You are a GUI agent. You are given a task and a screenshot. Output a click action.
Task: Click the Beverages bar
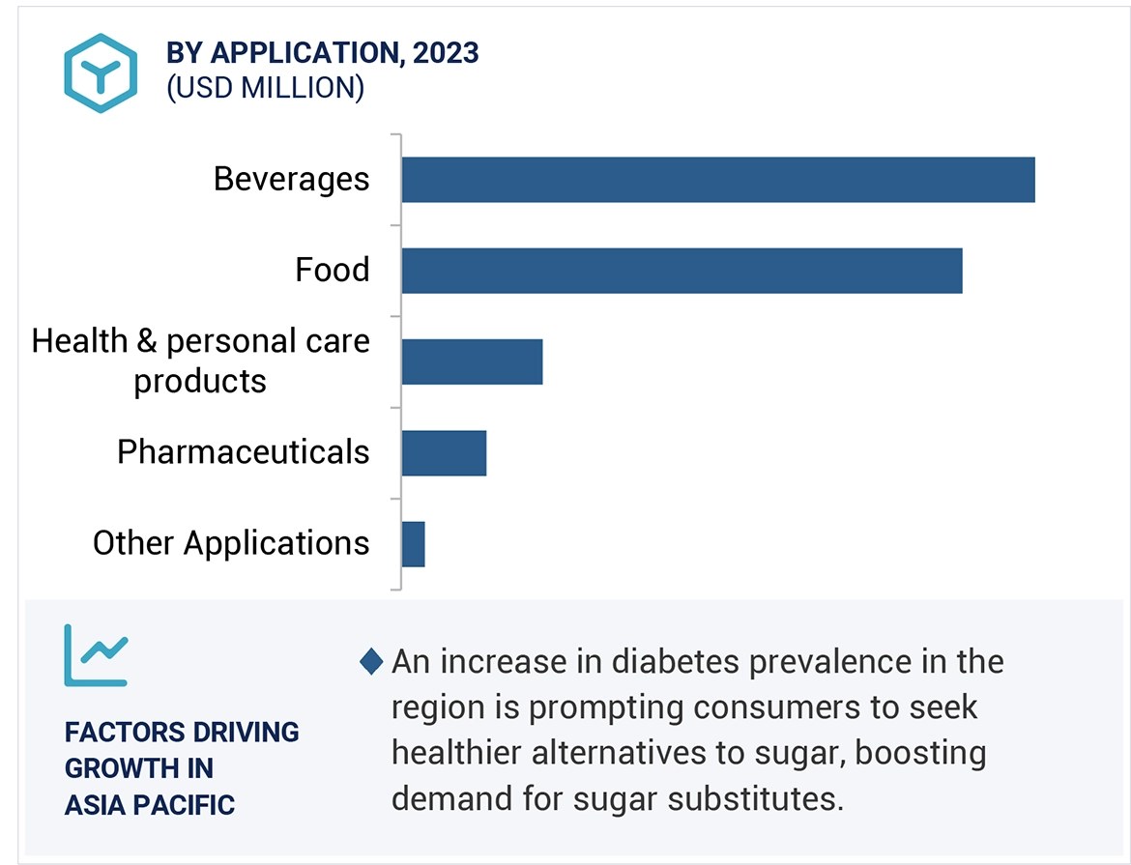pos(717,180)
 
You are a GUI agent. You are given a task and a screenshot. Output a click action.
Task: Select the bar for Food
pos(681,271)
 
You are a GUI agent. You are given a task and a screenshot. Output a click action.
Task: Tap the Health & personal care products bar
pos(472,361)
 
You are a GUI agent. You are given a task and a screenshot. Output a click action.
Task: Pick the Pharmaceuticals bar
pos(444,452)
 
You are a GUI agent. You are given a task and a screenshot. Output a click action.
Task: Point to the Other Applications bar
pos(413,543)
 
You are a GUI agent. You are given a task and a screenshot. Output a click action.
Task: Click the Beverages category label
pos(291,180)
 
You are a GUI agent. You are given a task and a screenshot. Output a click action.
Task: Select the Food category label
pos(332,271)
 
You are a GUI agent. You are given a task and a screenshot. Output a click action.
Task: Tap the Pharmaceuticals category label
pos(243,452)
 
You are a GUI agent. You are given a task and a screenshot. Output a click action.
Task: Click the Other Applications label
pos(230,543)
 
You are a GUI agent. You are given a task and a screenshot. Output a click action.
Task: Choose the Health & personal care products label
pos(201,360)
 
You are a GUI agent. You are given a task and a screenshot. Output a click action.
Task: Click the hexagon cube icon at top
pos(101,72)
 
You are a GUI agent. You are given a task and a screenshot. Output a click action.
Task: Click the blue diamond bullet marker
pos(371,662)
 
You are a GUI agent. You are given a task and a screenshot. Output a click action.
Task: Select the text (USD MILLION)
pos(265,88)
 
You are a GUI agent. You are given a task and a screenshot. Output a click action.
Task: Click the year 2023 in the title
pos(446,52)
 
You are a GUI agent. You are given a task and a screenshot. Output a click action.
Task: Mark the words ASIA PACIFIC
pos(149,804)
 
